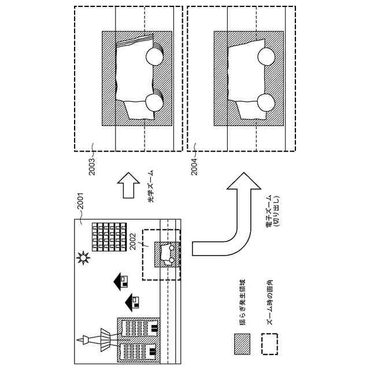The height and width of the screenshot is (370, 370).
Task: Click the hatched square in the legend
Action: coord(242,344)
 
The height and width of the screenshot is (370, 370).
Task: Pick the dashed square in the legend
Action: coord(269,344)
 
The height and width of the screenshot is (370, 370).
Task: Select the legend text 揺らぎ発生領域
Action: coord(242,304)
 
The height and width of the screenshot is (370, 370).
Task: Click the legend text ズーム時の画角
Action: coord(269,304)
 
